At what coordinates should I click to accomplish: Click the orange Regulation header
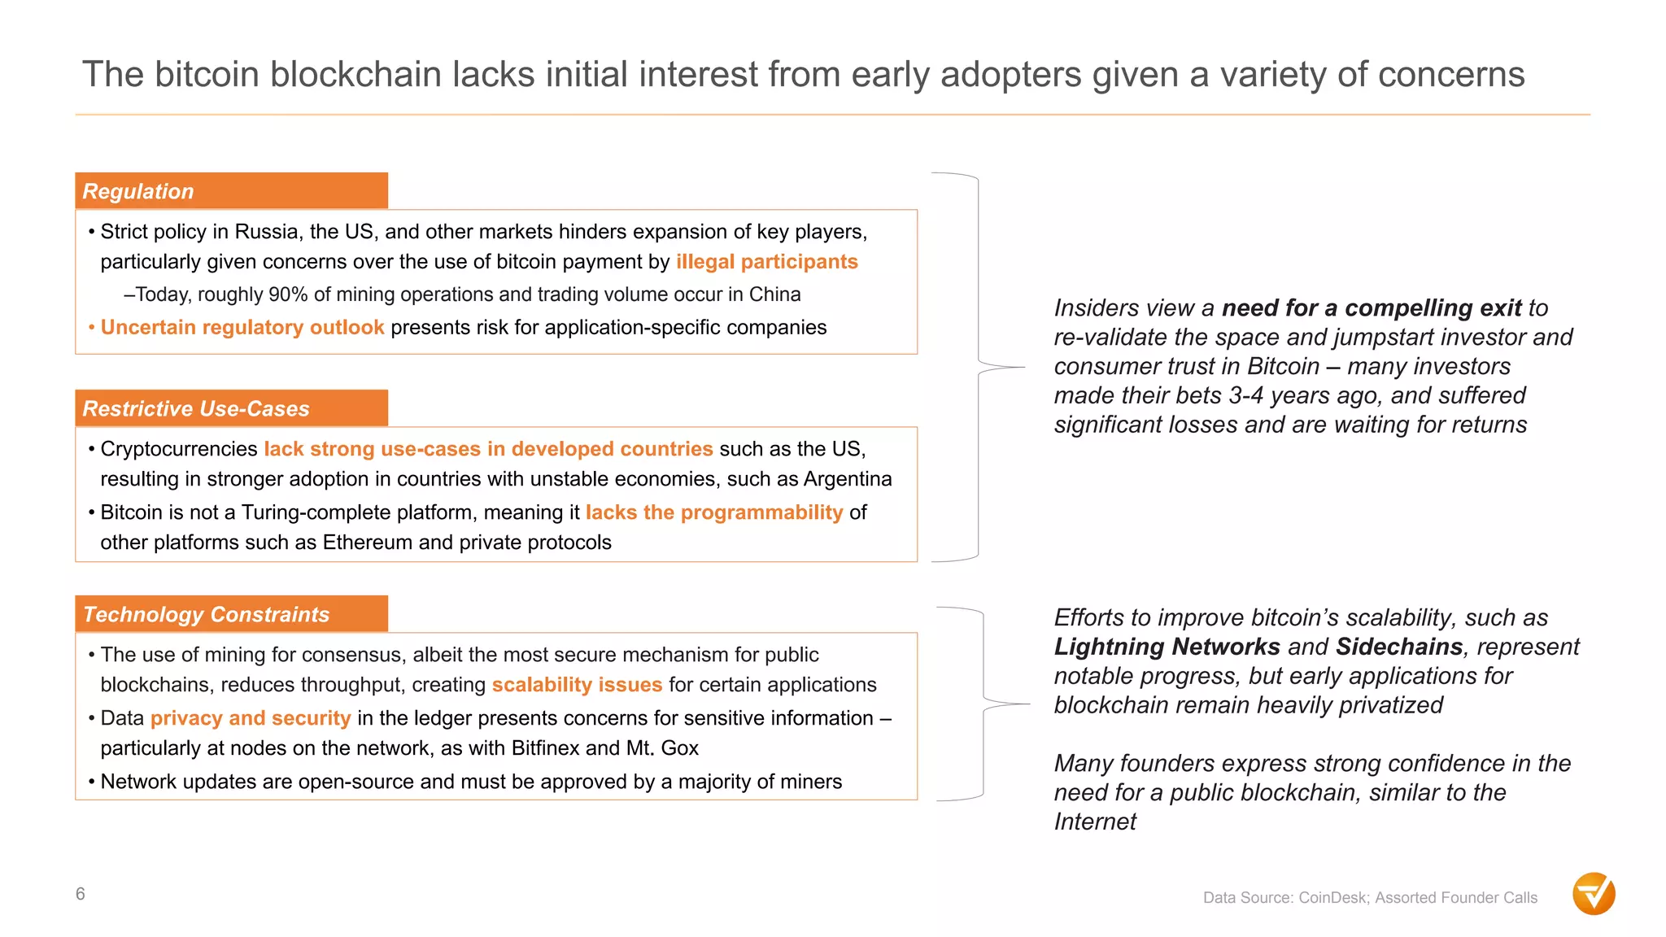(231, 191)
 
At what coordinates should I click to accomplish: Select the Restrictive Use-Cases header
(231, 408)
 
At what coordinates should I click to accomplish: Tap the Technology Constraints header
(231, 614)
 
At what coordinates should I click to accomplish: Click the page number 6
(81, 894)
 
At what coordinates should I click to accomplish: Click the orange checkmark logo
(1594, 894)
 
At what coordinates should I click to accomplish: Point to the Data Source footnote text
(1370, 898)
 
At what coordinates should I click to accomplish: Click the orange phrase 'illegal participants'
(766, 262)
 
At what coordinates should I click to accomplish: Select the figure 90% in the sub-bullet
(289, 294)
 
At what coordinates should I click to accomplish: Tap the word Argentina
(848, 479)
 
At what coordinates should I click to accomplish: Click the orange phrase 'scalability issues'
(577, 685)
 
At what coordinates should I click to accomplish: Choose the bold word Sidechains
(1399, 647)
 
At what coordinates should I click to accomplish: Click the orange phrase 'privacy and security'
(251, 718)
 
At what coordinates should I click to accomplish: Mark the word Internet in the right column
(1095, 822)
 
